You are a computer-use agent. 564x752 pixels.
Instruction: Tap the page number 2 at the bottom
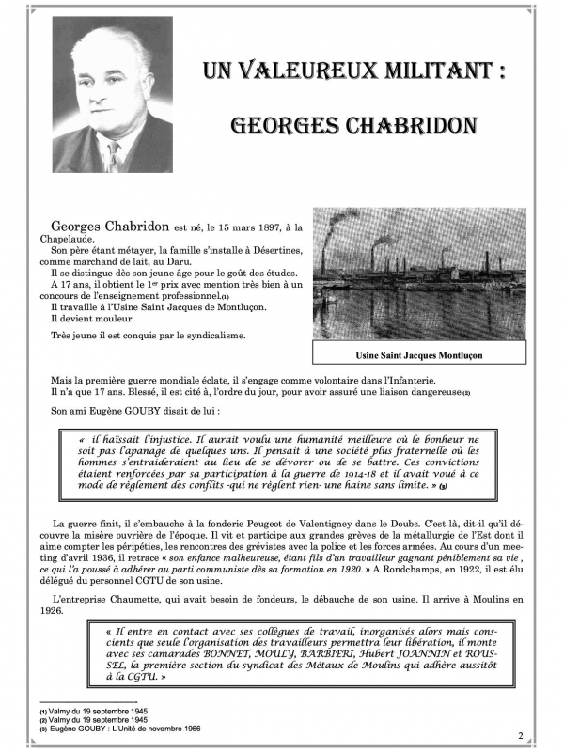(x=519, y=734)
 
